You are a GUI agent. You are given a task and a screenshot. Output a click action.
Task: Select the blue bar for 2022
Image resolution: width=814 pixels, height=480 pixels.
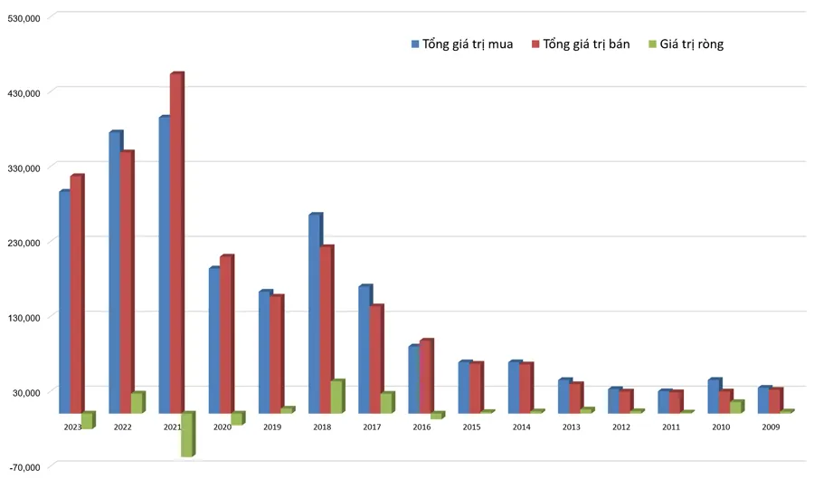point(115,272)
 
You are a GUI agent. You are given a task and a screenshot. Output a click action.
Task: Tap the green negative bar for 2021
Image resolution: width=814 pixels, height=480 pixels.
point(186,435)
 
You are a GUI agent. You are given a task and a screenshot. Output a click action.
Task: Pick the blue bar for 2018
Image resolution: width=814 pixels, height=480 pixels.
point(314,313)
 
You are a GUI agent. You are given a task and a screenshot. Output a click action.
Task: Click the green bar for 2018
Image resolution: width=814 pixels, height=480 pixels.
point(336,397)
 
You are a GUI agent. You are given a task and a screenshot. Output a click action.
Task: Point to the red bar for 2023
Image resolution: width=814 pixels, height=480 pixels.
point(76,293)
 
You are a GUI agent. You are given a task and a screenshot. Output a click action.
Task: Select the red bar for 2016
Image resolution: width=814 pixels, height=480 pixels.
point(425,377)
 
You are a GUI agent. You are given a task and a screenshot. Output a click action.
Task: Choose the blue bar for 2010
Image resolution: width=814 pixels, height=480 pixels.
point(714,396)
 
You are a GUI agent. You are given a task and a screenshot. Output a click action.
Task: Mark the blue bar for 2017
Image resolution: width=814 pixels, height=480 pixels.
point(364,350)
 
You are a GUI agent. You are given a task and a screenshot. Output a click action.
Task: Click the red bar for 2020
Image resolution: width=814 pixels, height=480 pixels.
point(225,334)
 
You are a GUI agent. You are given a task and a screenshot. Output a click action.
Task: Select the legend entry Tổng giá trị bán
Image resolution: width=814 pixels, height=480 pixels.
point(586,43)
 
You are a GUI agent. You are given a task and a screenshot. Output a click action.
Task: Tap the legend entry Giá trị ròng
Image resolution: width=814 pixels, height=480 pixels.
point(691,43)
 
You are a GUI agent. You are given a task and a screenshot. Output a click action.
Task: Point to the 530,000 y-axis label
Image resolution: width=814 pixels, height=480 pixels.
point(24,17)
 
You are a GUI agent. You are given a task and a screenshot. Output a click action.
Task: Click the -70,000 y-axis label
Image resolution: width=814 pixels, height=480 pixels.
point(24,466)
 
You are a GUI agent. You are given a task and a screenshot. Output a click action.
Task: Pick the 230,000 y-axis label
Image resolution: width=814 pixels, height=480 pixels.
point(24,243)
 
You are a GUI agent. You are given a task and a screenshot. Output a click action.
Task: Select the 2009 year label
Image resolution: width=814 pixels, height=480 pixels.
point(771,427)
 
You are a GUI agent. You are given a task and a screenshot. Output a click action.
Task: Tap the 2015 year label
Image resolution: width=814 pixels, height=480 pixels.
point(471,427)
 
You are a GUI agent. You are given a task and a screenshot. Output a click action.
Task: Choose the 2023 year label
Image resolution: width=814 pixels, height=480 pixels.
point(72,427)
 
